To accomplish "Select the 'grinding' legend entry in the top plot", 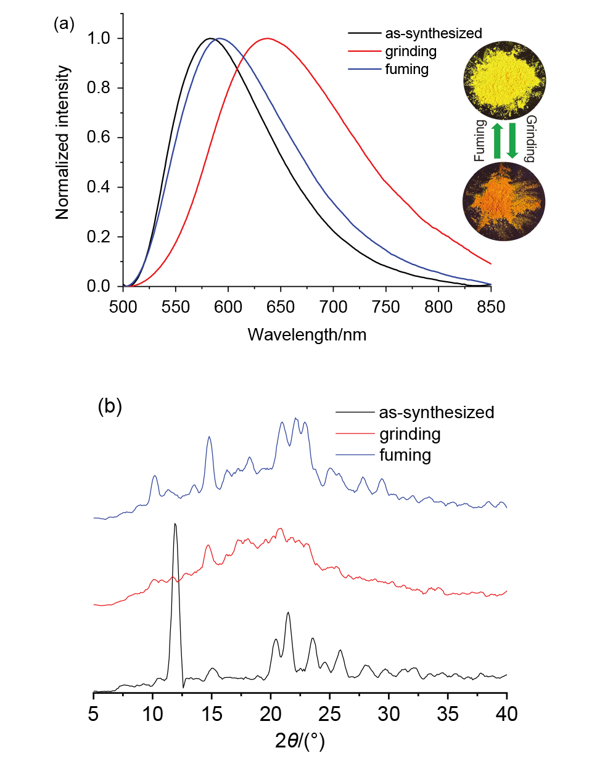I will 411,51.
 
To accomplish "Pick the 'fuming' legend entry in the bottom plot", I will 405,455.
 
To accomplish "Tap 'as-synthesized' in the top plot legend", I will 433,33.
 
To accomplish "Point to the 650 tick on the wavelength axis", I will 281,307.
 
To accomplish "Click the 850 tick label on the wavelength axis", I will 491,307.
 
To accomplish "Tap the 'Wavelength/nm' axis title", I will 307,335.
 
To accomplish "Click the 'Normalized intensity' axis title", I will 63,143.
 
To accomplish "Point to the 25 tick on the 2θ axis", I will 330,714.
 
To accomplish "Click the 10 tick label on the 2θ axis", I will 152,714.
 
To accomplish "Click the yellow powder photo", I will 504,78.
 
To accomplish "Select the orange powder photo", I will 504,201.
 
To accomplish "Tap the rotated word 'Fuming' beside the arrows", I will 480,141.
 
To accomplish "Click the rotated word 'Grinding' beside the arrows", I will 530,139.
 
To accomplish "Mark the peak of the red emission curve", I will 267,38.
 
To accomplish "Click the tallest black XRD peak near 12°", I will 175,524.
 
